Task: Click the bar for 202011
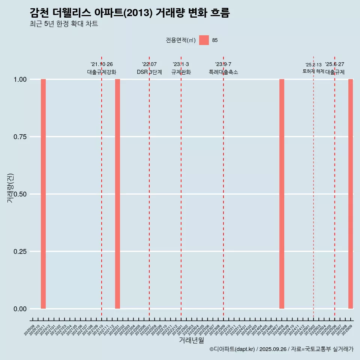click(x=43, y=194)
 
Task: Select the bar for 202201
click(x=117, y=194)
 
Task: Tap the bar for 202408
click(x=282, y=194)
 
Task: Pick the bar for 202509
click(x=351, y=194)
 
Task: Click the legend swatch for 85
click(x=204, y=40)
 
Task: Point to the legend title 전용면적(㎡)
click(x=181, y=40)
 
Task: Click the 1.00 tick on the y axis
click(x=20, y=79)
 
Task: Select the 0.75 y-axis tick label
click(x=20, y=137)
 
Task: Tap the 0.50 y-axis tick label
click(x=20, y=194)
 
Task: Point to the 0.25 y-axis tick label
click(x=20, y=252)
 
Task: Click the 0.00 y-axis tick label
click(x=20, y=309)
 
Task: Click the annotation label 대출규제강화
click(x=102, y=72)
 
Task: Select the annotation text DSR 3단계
click(x=149, y=72)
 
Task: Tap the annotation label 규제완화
click(x=181, y=72)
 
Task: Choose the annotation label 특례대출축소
click(x=223, y=72)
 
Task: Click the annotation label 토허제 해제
click(x=313, y=71)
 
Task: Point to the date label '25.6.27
click(x=334, y=64)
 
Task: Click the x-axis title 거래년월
click(x=192, y=340)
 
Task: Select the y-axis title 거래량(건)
click(x=10, y=188)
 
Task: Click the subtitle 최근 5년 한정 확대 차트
click(x=64, y=24)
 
